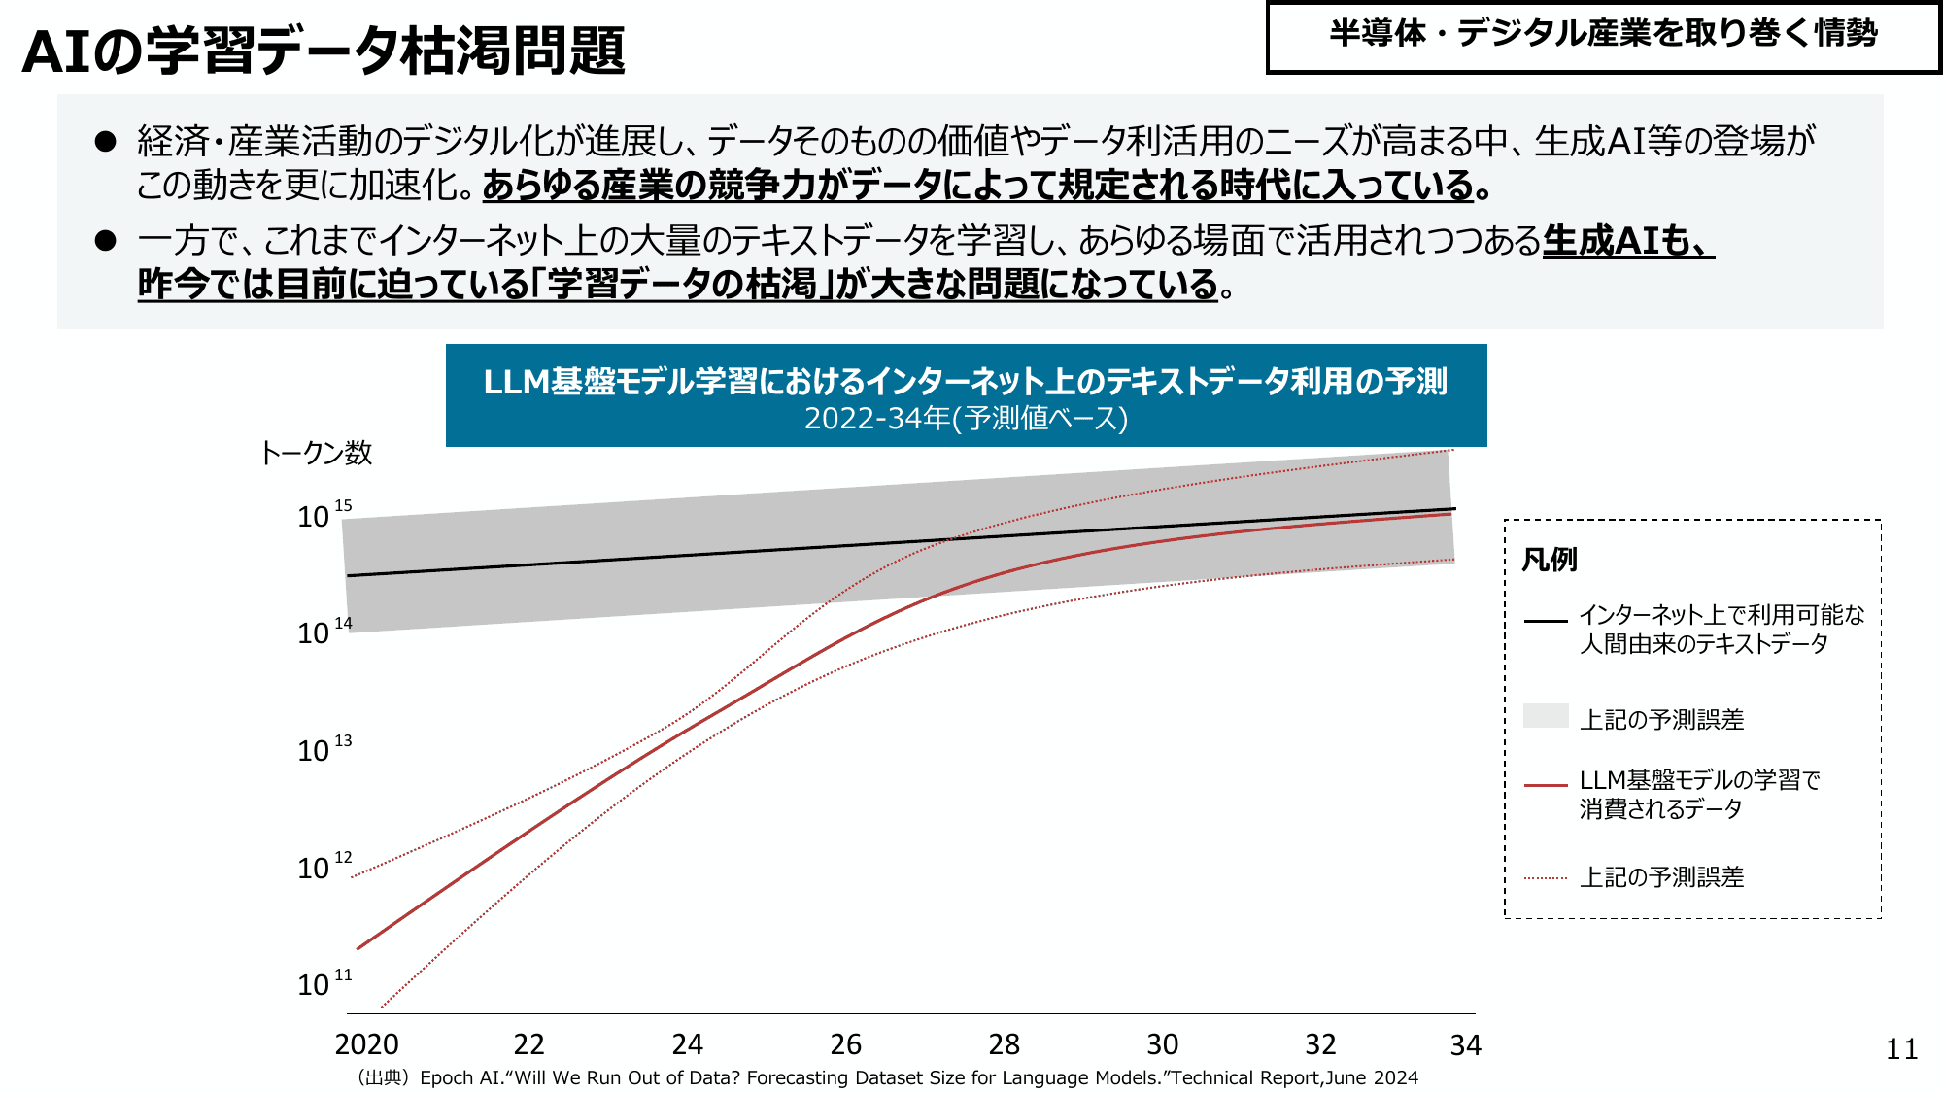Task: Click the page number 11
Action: click(1901, 1049)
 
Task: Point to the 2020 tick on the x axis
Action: click(366, 1044)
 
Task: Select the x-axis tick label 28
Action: click(1004, 1044)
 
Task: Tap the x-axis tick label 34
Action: click(1465, 1045)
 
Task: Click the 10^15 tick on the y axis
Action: click(324, 515)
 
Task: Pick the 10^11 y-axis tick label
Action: click(324, 983)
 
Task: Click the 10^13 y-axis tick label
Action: click(324, 749)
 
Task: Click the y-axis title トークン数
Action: click(317, 453)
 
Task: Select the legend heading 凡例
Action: click(1549, 560)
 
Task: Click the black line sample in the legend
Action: click(1546, 620)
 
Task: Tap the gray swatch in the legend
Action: click(1546, 716)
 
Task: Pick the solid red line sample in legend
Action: click(1546, 784)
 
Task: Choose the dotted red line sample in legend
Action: click(1546, 878)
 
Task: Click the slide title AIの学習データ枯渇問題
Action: click(324, 51)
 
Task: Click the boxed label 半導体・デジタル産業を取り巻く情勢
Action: click(1603, 35)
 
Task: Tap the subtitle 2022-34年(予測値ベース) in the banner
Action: click(966, 419)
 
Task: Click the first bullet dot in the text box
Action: click(105, 142)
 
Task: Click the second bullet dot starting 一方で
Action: click(105, 240)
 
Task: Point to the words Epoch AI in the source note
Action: click(460, 1077)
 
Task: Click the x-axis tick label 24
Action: click(687, 1044)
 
